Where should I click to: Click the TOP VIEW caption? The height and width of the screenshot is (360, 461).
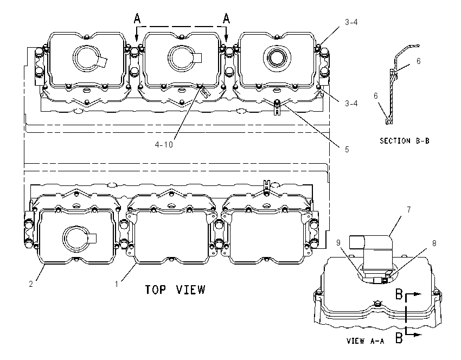175,290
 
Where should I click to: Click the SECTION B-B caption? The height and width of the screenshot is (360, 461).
405,141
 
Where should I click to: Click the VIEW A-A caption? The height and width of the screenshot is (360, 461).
366,341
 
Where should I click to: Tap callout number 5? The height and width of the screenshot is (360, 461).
347,150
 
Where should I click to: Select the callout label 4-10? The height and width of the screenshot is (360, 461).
164,145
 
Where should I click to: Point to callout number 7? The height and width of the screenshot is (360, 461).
409,209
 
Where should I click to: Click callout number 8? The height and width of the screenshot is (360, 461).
434,243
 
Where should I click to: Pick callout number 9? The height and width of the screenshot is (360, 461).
338,243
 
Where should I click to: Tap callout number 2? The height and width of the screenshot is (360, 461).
31,284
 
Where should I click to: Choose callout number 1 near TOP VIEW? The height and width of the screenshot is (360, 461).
117,284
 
